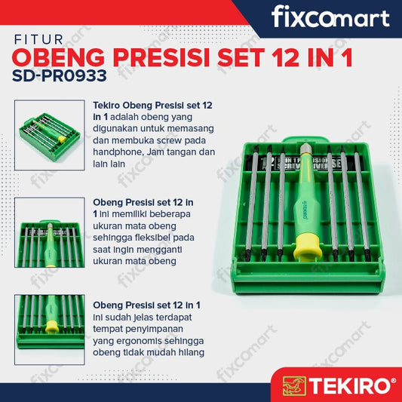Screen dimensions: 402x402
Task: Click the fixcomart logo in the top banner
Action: tap(330, 17)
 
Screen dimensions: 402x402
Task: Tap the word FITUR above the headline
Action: tap(38, 40)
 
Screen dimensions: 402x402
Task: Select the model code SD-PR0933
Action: tap(60, 76)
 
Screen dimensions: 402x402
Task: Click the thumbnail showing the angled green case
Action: tap(50, 135)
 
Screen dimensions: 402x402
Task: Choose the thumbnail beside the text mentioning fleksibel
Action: tap(50, 232)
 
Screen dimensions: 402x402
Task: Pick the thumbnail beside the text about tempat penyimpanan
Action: tap(50, 330)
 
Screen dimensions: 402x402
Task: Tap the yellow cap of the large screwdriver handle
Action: tap(308, 247)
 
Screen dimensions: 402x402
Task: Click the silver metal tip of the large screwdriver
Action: tap(305, 149)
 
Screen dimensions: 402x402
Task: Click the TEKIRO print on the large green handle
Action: tap(305, 210)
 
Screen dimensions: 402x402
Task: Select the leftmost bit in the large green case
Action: tap(251, 203)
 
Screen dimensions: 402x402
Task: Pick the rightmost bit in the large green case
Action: tap(362, 203)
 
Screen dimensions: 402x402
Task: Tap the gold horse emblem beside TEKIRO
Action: tap(294, 386)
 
